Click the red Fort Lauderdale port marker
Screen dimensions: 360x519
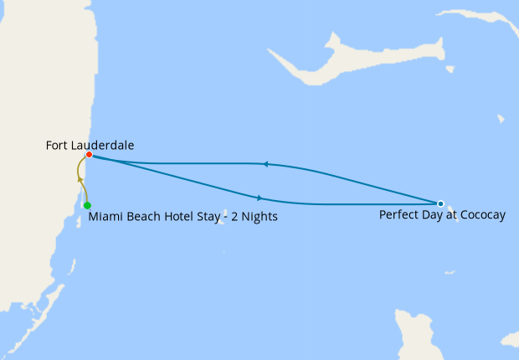89,155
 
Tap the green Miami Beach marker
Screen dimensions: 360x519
87,205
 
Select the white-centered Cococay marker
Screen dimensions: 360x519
440,203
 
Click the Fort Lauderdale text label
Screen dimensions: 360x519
90,145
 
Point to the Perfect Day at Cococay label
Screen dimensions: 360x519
442,215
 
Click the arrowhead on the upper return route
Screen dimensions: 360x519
265,164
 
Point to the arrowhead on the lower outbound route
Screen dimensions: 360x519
260,198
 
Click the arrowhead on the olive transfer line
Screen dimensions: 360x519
80,177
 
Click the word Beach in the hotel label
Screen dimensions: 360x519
144,218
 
